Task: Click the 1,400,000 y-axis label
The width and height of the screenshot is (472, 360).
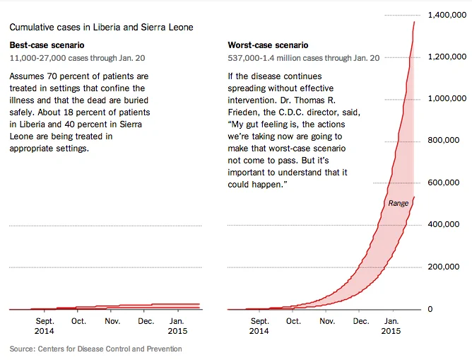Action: [x=447, y=15]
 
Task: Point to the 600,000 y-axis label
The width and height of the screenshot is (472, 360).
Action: [x=444, y=182]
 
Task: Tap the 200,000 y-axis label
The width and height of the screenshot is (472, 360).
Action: [x=444, y=267]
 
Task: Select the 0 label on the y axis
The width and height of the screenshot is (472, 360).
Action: [x=430, y=309]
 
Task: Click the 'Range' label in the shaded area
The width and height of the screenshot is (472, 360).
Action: [x=399, y=203]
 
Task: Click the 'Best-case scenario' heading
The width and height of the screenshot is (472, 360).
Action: [x=47, y=45]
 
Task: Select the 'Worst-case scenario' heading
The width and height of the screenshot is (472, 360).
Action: [x=268, y=45]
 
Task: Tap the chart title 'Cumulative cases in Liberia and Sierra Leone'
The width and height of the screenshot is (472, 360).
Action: [x=102, y=27]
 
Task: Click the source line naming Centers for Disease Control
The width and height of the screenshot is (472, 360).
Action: [x=95, y=349]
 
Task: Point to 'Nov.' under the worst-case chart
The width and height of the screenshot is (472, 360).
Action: [x=327, y=321]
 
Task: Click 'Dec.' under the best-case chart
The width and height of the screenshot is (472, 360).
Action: [x=146, y=321]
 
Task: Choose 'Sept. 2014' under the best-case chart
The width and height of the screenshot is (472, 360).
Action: [x=45, y=326]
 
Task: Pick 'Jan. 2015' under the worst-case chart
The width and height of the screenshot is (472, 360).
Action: [x=391, y=326]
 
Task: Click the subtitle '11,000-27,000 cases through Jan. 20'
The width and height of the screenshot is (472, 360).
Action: [x=77, y=58]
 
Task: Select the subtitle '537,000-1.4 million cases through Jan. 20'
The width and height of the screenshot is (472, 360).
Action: [x=304, y=58]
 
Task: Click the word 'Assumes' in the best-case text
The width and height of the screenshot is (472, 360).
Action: [x=27, y=76]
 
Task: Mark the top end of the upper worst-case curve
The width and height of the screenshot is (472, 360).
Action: [x=414, y=22]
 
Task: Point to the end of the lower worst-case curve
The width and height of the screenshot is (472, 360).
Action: [x=414, y=197]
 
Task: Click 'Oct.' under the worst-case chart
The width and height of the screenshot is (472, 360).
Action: [x=293, y=321]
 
